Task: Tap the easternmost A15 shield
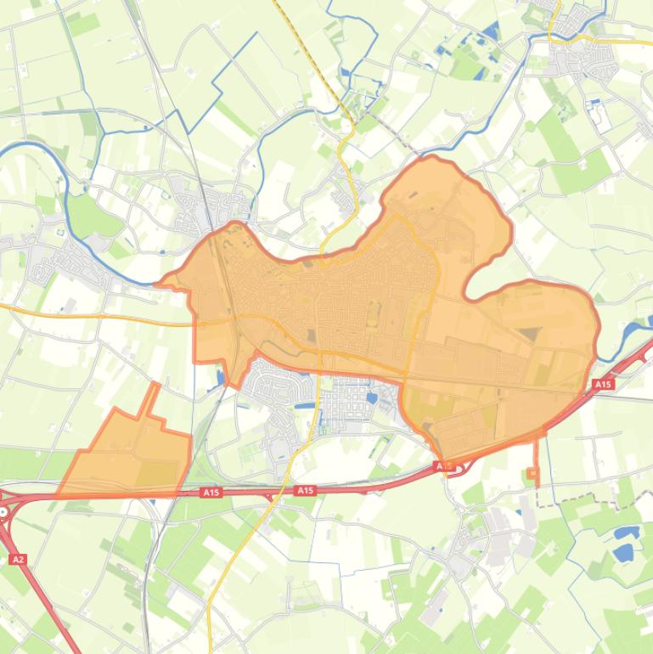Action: click(602, 385)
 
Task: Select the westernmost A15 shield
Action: click(211, 492)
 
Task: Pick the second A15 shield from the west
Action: click(305, 491)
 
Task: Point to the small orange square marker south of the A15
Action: click(533, 473)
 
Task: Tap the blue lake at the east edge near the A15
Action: click(634, 334)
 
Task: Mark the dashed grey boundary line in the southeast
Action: click(594, 501)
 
